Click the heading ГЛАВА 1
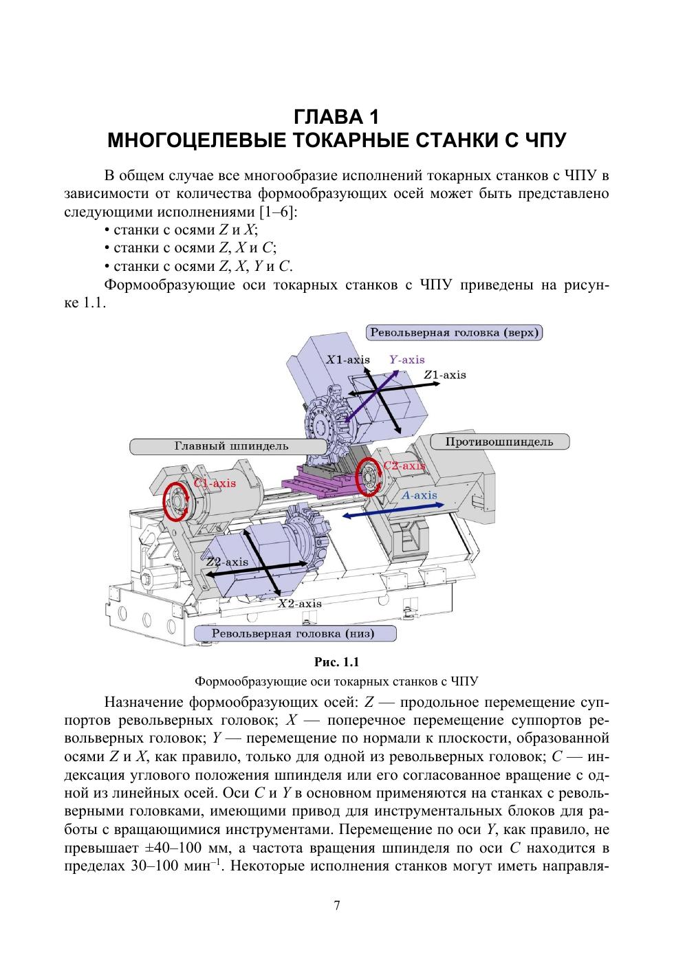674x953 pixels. (x=336, y=115)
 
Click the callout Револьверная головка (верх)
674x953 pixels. (x=455, y=333)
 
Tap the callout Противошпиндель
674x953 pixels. (x=499, y=441)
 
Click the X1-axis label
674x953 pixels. (x=348, y=360)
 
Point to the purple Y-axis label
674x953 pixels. (x=406, y=359)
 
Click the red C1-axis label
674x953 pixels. (x=215, y=483)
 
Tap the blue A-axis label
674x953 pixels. (x=419, y=495)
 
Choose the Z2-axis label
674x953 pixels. (x=227, y=562)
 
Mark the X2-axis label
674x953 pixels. (x=299, y=603)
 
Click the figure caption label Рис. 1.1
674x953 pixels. (x=336, y=662)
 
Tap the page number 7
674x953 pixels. (x=336, y=906)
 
